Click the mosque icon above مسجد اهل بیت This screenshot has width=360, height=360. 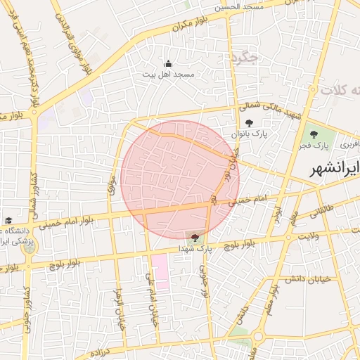167,63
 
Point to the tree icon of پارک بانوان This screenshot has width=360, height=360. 250,123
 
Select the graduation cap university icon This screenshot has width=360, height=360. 8,221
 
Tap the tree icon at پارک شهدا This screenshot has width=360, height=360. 195,237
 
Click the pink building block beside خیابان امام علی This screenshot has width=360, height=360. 160,273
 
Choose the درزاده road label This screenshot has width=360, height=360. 101,350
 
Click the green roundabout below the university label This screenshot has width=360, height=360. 29,247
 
